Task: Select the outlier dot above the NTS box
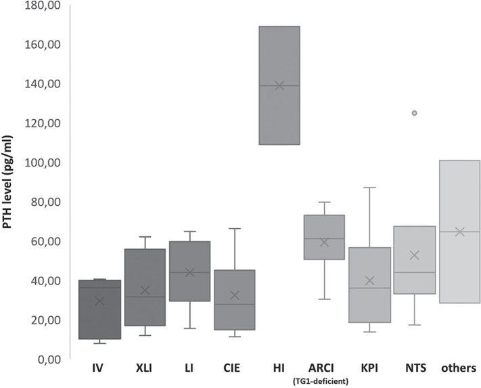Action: [x=415, y=113]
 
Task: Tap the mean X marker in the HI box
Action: [x=279, y=85]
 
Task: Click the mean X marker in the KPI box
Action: [x=369, y=280]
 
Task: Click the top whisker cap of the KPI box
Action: [x=369, y=188]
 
